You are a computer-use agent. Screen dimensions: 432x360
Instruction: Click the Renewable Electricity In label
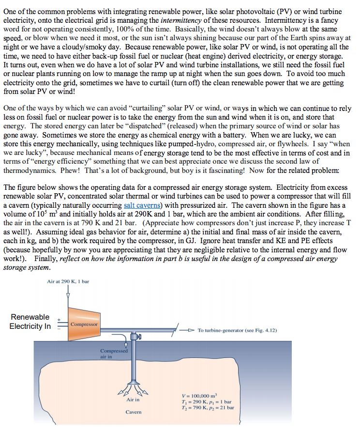coord(30,322)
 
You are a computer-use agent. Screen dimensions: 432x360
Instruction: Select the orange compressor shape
coord(83,324)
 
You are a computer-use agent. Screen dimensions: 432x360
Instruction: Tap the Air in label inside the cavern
coord(133,400)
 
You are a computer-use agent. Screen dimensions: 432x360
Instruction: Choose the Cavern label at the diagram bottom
coord(133,412)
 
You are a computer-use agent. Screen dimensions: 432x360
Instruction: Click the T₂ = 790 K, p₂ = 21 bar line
coord(207,408)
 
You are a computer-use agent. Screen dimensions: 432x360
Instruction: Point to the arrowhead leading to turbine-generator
coord(192,331)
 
